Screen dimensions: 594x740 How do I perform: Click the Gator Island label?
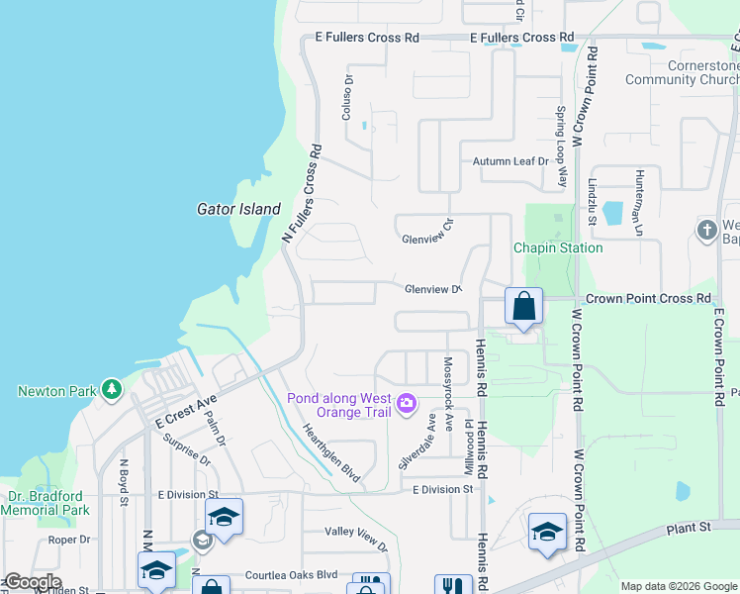(237, 209)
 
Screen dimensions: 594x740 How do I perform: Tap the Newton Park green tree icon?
(113, 389)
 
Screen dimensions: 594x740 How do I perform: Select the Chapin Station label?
(558, 247)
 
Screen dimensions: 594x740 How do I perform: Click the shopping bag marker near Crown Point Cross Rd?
(523, 307)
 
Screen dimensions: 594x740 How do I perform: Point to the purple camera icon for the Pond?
(406, 403)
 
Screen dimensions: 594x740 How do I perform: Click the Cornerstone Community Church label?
(683, 72)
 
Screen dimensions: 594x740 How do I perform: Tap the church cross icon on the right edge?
(706, 231)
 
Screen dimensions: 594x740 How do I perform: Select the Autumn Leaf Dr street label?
(509, 161)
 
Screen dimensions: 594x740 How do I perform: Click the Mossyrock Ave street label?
(447, 387)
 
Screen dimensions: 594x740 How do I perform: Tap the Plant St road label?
(689, 528)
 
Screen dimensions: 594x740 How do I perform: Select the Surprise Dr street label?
(187, 451)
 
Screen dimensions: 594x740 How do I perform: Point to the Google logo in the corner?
(32, 582)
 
